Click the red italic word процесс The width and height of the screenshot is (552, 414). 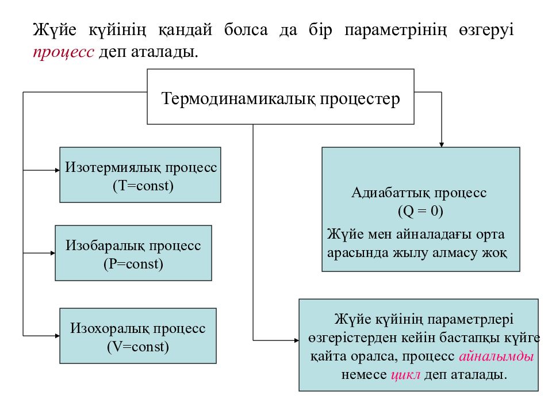click(63, 52)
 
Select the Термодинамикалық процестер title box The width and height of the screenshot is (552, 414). click(281, 97)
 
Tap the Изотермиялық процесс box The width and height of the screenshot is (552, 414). click(140, 175)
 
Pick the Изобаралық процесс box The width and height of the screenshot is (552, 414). click(133, 253)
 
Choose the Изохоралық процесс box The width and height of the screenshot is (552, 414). click(138, 336)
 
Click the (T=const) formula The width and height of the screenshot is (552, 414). click(143, 186)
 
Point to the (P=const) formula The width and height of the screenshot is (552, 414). click(133, 264)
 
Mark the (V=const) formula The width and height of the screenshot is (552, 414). click(138, 347)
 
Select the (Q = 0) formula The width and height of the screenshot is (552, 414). click(421, 211)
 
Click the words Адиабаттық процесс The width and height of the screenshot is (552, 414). click(419, 193)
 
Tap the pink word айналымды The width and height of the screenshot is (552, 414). click(496, 356)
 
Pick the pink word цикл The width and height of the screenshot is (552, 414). click(405, 374)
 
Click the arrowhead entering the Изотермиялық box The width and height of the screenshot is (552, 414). click(57, 170)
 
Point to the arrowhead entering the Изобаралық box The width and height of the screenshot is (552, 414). click(53, 253)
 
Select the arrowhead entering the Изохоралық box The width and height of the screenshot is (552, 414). click(57, 336)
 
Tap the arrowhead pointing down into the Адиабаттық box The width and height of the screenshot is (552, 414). click(442, 145)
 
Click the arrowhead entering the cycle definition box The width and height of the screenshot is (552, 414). click(297, 340)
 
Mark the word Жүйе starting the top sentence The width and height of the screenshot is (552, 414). click(55, 29)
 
